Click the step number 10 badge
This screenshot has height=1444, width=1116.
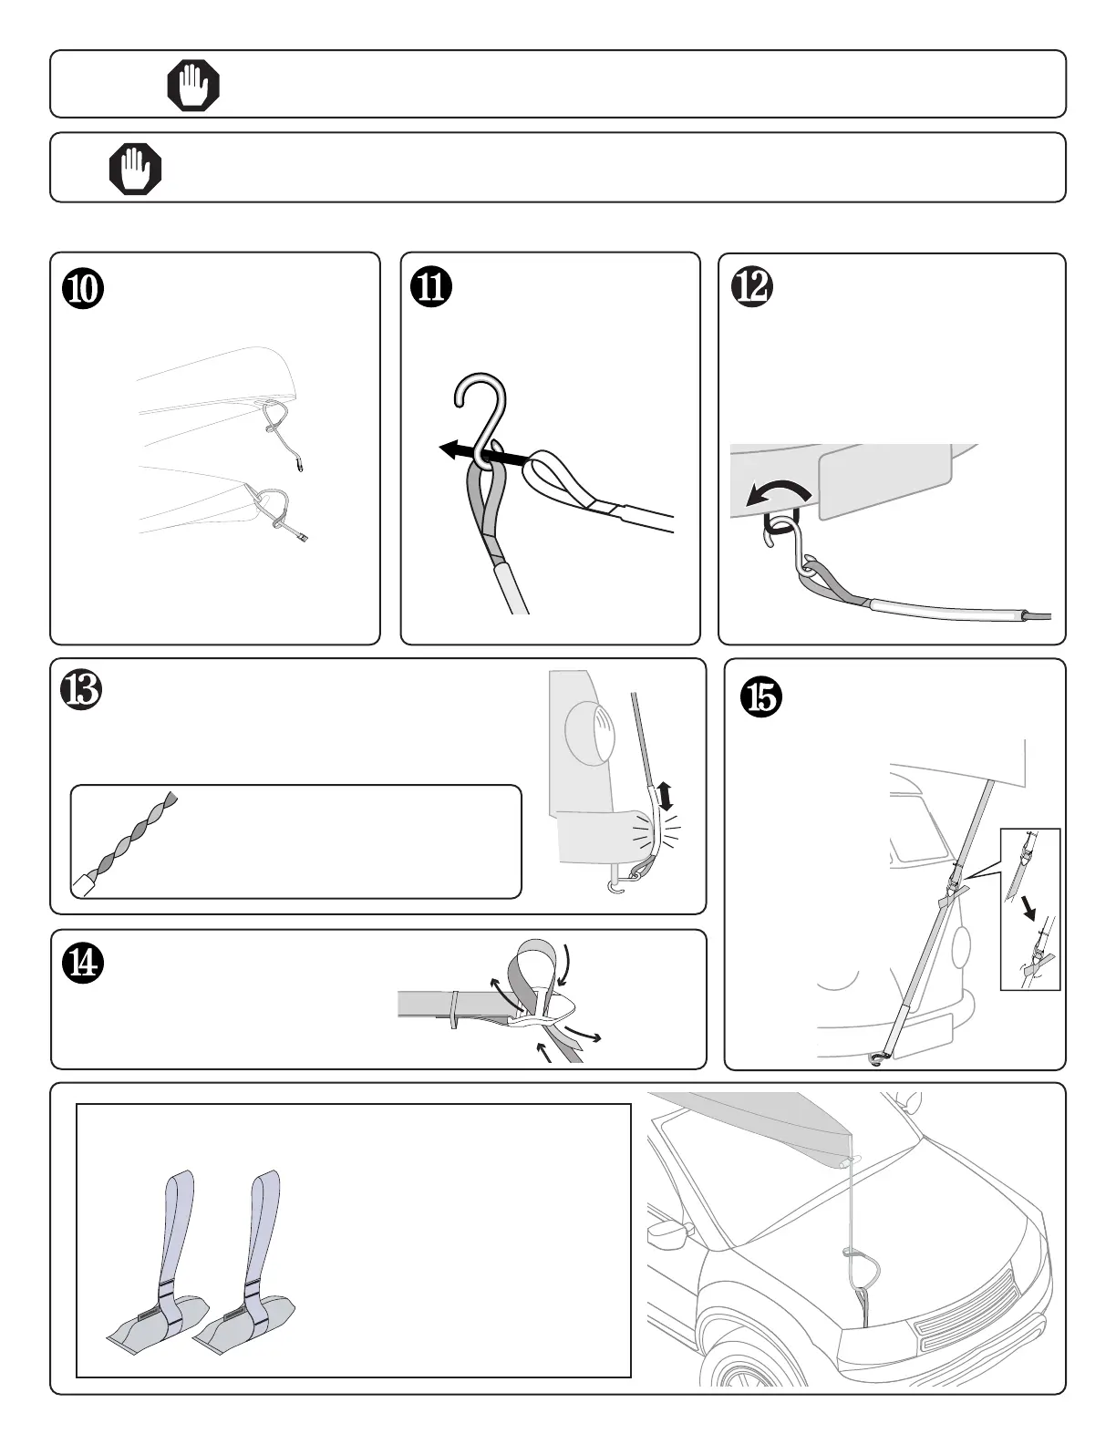click(83, 289)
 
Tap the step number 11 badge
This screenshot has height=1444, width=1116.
click(431, 288)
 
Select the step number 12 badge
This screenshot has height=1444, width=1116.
click(752, 287)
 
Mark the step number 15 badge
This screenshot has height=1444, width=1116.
click(761, 697)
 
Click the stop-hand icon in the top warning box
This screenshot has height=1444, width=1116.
click(193, 85)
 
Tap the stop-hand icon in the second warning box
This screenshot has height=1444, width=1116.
click(136, 168)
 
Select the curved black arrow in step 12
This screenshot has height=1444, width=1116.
click(778, 494)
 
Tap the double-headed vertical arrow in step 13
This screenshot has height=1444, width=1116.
click(665, 797)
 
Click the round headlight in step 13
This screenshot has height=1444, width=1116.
click(590, 731)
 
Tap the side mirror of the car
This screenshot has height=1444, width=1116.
click(668, 1233)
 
